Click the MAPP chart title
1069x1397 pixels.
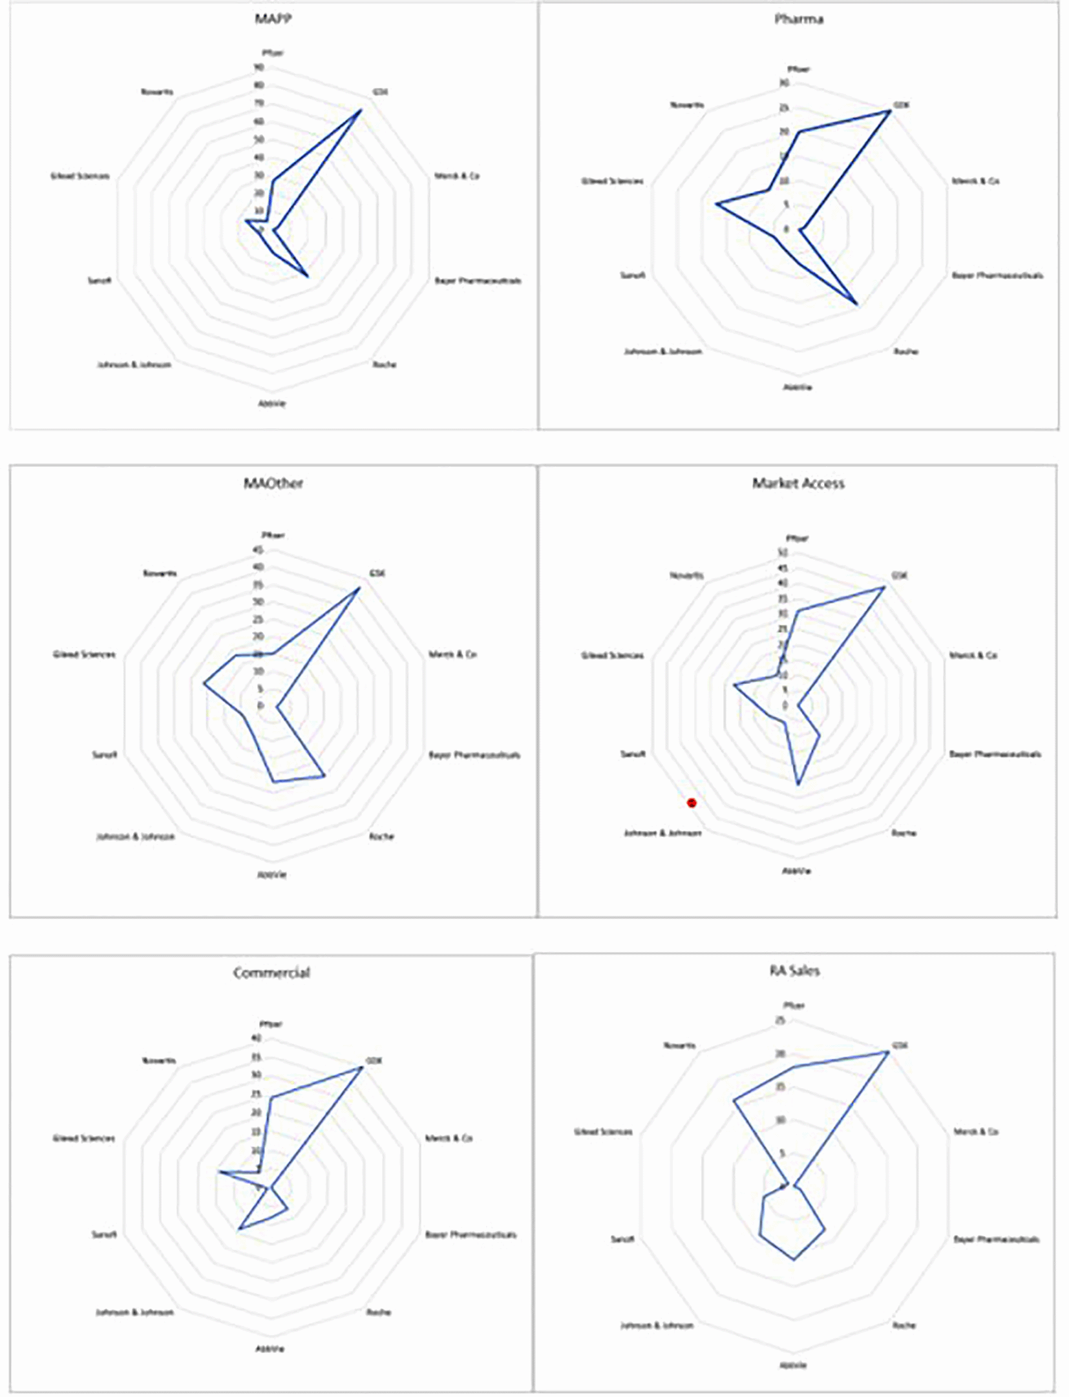click(x=273, y=18)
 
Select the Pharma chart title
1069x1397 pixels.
click(x=799, y=19)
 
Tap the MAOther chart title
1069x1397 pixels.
click(x=273, y=483)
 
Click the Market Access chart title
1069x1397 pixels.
click(x=798, y=483)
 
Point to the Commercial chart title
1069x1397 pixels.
click(x=271, y=972)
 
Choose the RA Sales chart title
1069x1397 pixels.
click(x=794, y=970)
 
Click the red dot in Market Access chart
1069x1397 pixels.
click(x=692, y=803)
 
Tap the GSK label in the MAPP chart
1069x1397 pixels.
click(x=380, y=92)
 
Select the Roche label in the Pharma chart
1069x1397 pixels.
click(x=906, y=352)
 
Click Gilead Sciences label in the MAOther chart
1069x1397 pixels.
click(x=84, y=655)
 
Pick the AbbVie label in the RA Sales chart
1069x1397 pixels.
click(x=794, y=1365)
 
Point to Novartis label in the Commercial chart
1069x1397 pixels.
click(x=159, y=1061)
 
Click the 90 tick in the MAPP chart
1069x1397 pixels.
click(x=259, y=67)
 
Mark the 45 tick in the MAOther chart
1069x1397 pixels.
click(x=258, y=550)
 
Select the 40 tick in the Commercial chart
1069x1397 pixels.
click(x=257, y=1039)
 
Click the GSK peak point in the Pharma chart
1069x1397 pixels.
click(x=889, y=111)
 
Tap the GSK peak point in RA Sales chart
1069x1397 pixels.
click(x=887, y=1052)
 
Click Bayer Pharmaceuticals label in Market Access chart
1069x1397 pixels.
click(x=995, y=754)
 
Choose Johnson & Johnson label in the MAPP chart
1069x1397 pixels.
click(x=134, y=365)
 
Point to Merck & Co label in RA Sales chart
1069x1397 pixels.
click(x=976, y=1132)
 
